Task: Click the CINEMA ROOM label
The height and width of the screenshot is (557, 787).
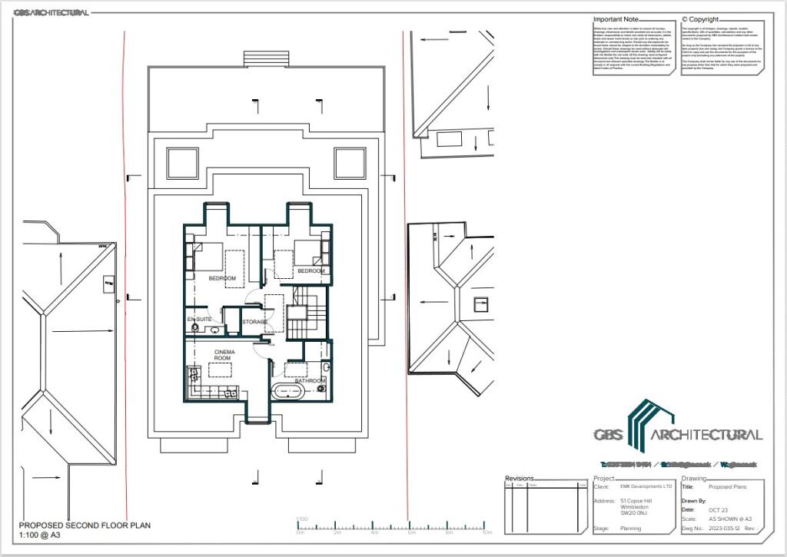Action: tap(224, 355)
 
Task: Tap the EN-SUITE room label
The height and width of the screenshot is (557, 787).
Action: tap(199, 318)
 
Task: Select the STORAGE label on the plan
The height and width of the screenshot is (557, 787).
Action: tap(254, 322)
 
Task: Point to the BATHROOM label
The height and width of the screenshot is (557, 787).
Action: tap(310, 380)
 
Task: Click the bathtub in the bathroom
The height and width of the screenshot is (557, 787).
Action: tap(287, 390)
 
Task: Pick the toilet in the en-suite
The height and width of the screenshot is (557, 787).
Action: tap(195, 329)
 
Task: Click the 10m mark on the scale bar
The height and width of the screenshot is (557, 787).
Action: tap(486, 532)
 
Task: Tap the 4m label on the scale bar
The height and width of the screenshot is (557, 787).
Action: tap(374, 532)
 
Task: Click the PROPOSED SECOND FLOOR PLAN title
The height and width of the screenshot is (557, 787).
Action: tap(85, 526)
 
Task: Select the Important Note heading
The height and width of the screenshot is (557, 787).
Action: tap(616, 19)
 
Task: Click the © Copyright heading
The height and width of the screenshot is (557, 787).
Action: tap(700, 19)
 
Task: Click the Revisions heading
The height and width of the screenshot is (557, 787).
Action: tap(519, 478)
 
